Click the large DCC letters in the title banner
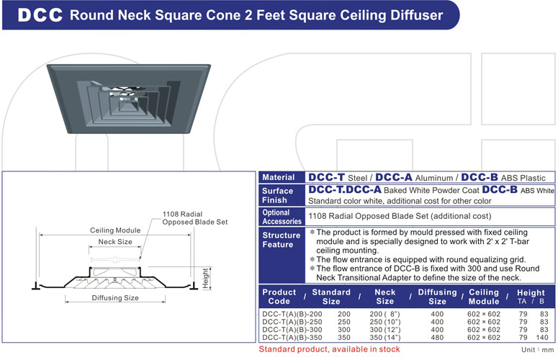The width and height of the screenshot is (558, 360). point(39,16)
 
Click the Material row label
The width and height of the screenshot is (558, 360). point(279,177)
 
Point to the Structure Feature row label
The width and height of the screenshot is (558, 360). point(282,240)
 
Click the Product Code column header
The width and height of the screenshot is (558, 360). point(279,297)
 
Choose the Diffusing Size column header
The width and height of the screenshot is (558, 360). point(437,297)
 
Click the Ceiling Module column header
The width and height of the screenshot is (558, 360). point(484,297)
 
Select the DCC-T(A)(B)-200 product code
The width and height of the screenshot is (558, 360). point(292,314)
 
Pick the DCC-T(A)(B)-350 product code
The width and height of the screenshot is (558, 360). point(292,338)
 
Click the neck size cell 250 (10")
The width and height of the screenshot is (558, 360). point(385,322)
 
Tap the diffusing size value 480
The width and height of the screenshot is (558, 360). point(437,338)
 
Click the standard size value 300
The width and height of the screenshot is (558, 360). point(344,330)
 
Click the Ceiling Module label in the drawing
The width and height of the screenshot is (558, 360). point(115,230)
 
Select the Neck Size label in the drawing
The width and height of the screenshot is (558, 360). point(115,242)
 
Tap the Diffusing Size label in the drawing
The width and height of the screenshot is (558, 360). point(115,297)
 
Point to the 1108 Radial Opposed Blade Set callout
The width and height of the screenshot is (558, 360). point(194,218)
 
